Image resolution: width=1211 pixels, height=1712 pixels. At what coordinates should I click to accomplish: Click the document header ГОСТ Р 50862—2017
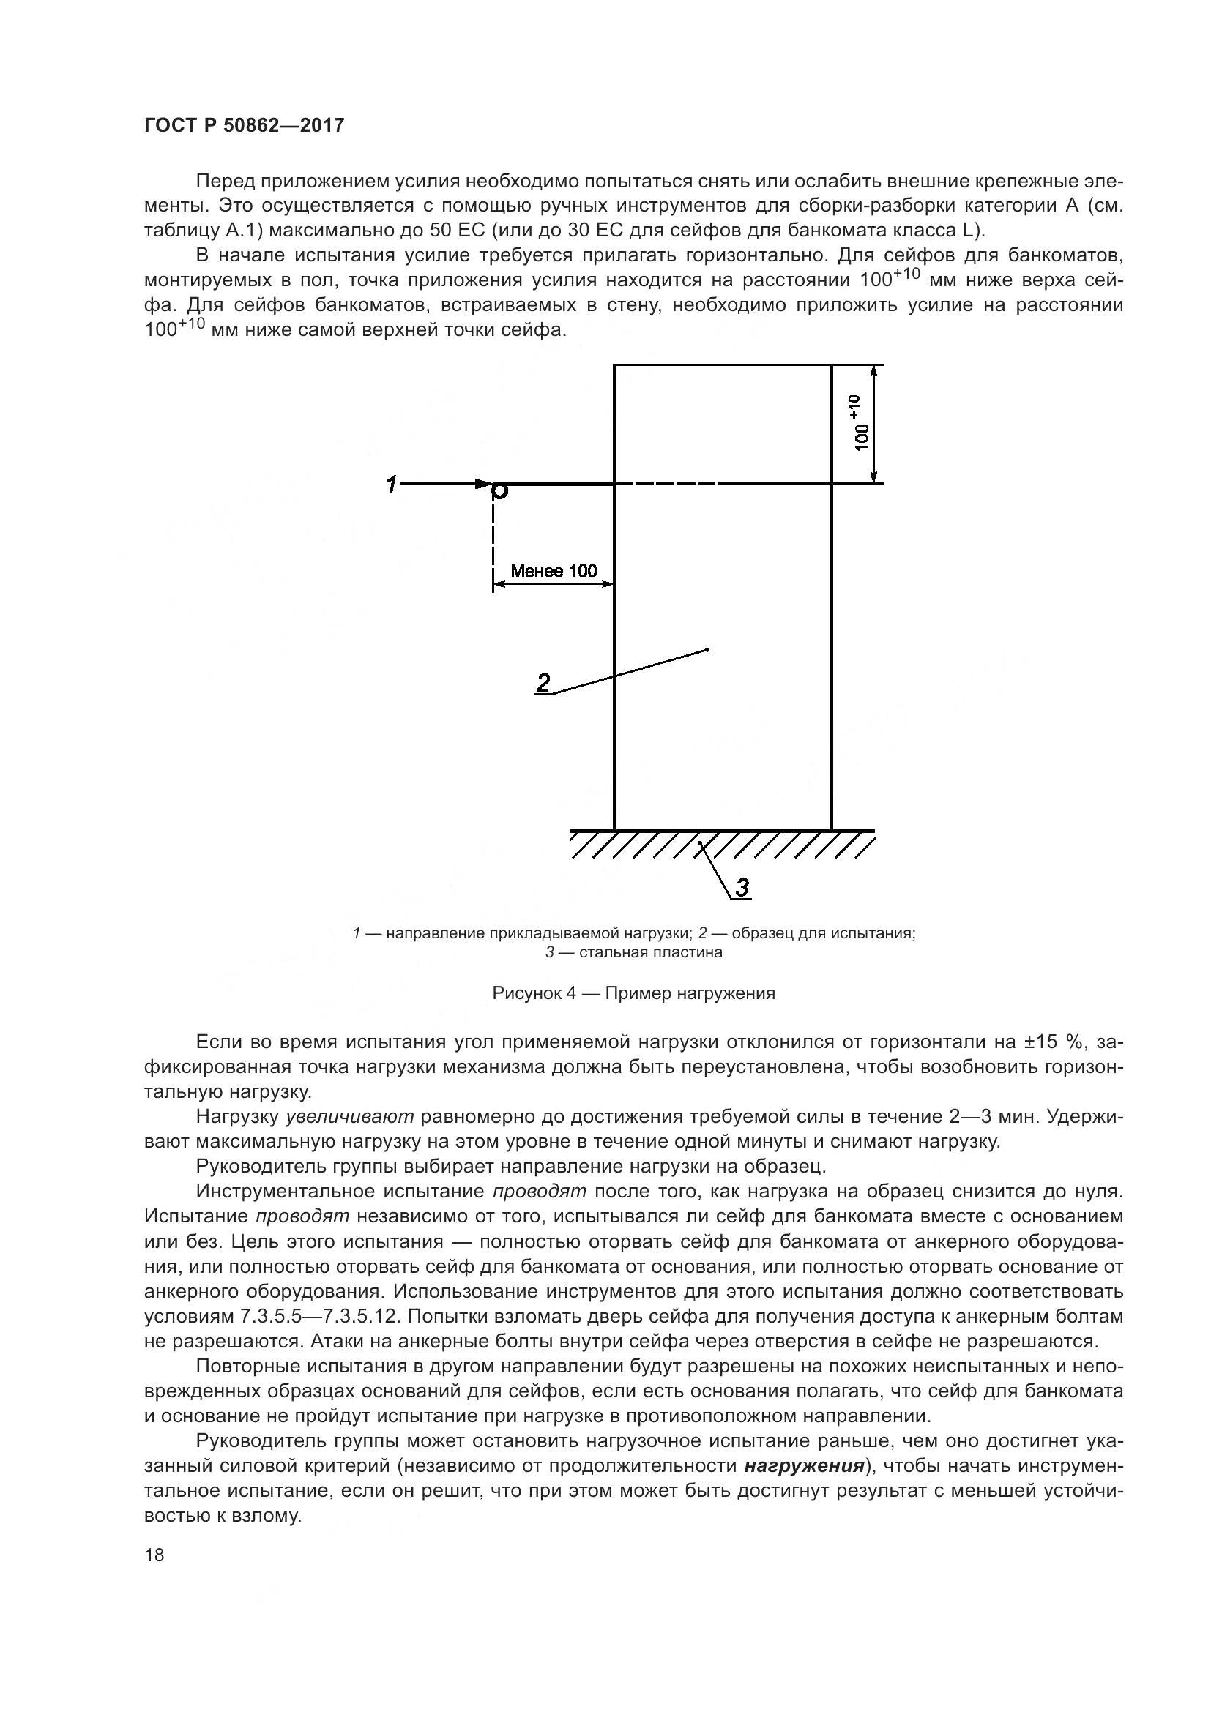244,125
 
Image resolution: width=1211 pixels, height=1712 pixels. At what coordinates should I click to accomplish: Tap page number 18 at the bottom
154,1555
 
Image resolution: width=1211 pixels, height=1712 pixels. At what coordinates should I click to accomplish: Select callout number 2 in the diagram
543,681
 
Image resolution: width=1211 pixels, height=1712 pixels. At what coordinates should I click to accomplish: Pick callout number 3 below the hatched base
742,887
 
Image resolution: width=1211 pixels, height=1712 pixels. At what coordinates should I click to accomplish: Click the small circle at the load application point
500,490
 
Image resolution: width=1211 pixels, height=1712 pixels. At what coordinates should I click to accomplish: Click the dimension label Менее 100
554,571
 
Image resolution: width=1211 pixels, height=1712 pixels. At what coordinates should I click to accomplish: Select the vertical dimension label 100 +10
860,424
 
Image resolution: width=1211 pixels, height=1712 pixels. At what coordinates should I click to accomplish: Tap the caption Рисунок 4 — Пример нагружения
634,993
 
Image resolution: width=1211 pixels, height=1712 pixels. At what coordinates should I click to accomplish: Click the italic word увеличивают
350,1116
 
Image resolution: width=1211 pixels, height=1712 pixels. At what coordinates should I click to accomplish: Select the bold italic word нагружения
804,1465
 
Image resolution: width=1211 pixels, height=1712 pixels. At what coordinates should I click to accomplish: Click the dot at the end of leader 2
707,650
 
